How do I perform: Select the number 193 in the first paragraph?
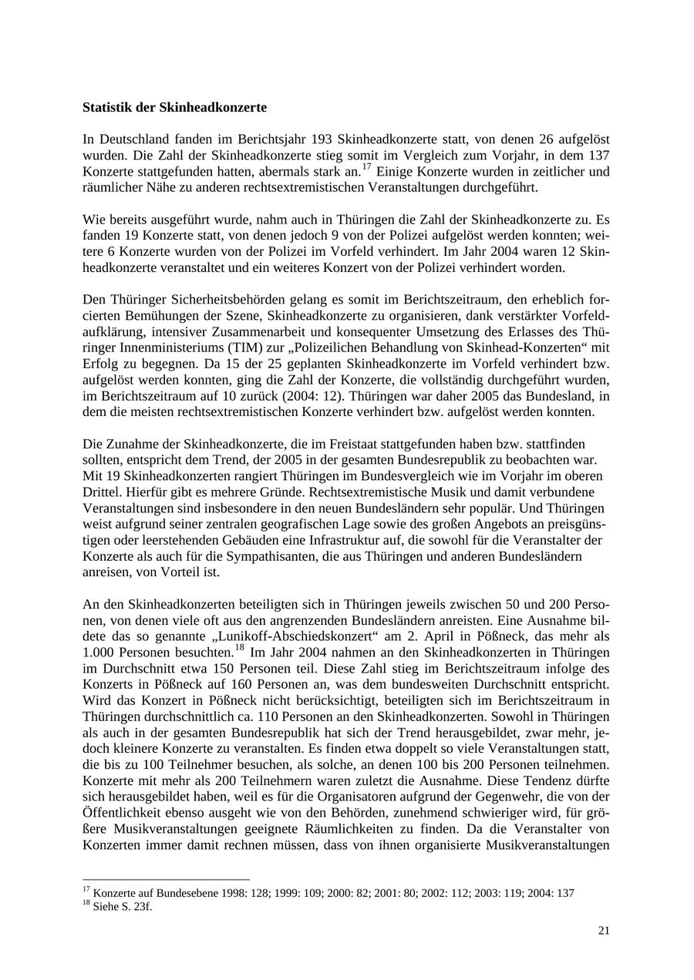coord(322,139)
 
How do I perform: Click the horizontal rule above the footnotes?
coord(166,879)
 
